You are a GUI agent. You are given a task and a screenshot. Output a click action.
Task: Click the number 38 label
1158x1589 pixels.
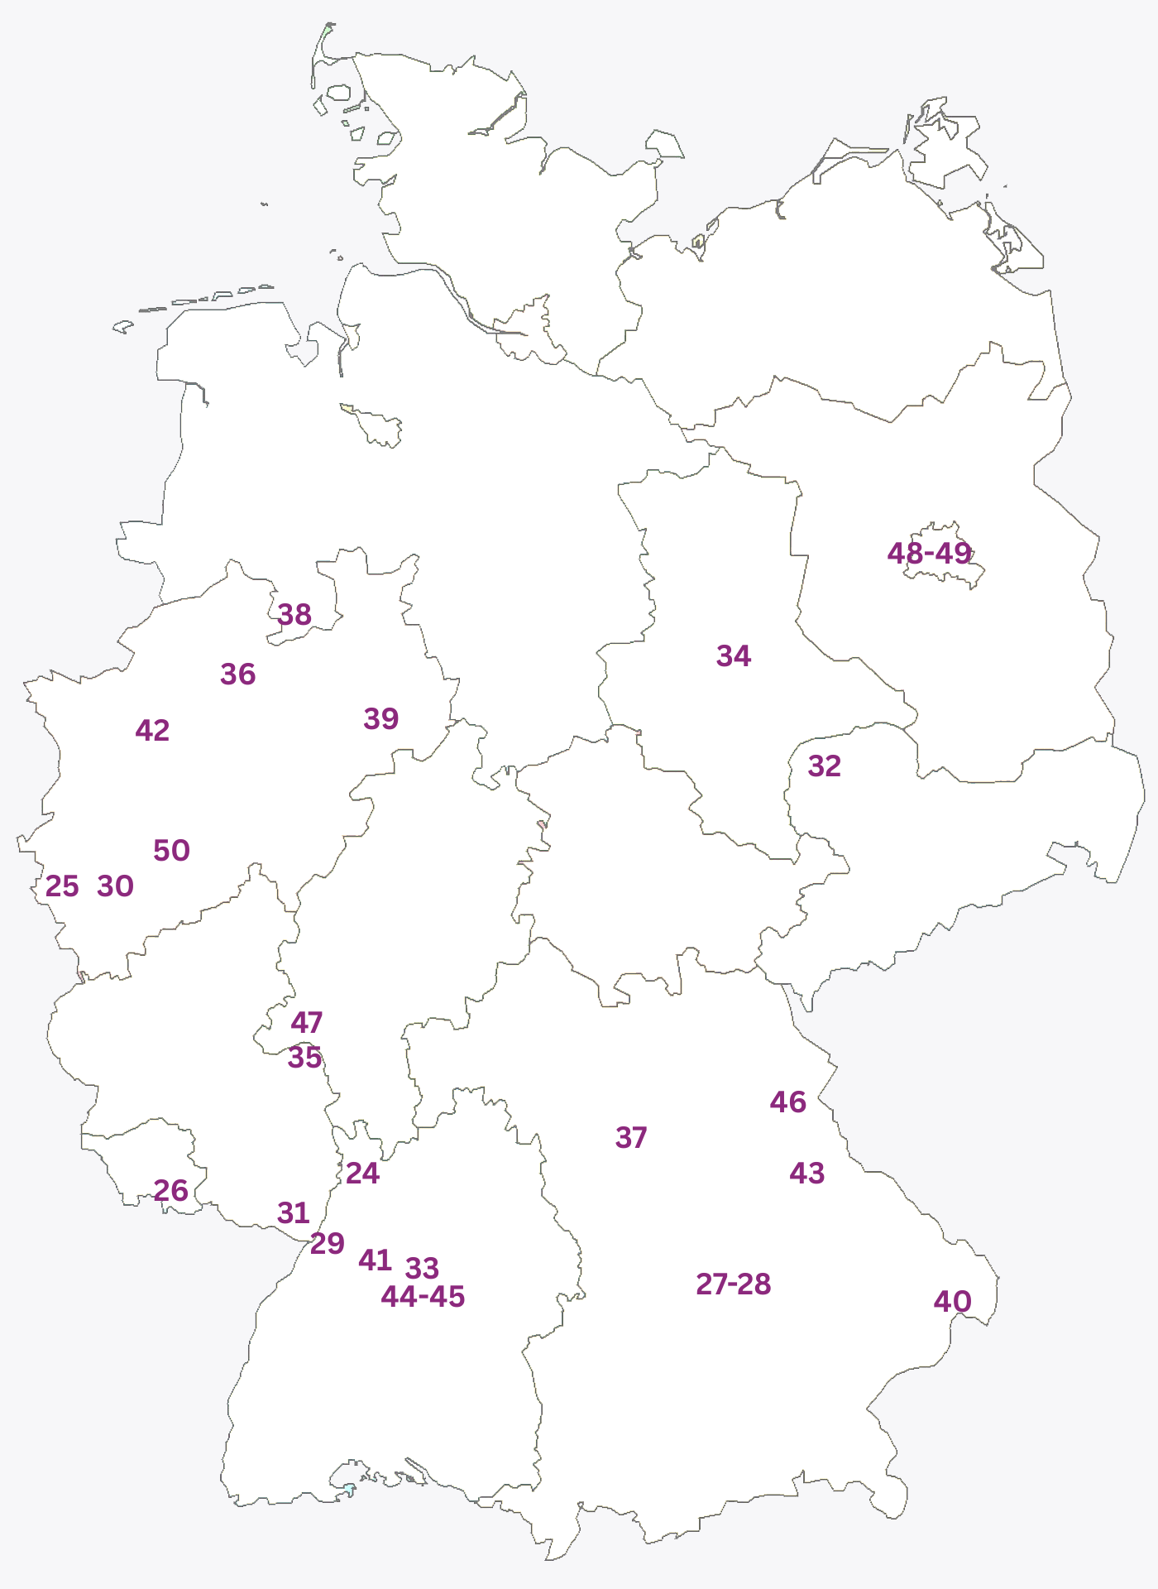click(x=294, y=615)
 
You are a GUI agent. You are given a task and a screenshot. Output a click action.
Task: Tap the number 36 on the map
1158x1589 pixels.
click(x=238, y=674)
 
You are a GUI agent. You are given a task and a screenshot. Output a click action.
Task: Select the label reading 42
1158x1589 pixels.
click(x=152, y=731)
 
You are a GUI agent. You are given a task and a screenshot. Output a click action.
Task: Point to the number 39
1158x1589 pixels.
click(x=381, y=718)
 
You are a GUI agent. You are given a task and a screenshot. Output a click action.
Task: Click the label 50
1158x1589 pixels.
click(x=172, y=851)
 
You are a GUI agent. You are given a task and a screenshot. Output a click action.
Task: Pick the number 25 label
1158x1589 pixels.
click(x=62, y=886)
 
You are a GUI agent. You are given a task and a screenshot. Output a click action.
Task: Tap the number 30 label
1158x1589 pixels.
click(x=116, y=886)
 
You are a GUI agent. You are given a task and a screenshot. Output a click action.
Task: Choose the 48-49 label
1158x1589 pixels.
click(x=929, y=553)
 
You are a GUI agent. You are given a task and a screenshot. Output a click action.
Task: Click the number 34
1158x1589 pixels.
click(x=734, y=656)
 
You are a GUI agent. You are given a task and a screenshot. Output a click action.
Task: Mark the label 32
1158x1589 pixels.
click(x=825, y=766)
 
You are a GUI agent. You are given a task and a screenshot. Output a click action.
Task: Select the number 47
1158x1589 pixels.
click(x=307, y=1023)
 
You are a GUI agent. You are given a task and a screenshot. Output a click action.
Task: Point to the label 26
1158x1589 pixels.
click(x=171, y=1191)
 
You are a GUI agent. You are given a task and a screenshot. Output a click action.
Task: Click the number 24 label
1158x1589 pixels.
click(x=362, y=1174)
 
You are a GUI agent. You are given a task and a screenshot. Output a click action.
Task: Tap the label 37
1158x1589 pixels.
click(x=631, y=1138)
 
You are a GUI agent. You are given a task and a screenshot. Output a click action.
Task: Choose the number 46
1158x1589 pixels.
click(x=788, y=1102)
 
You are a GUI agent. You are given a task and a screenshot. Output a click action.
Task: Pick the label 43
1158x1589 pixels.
click(x=807, y=1174)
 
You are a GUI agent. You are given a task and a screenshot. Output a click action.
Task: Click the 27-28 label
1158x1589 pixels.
click(x=734, y=1284)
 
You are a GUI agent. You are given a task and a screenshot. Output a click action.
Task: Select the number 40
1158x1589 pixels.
click(x=953, y=1302)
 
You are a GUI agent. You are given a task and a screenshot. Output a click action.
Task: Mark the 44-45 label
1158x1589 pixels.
click(x=423, y=1297)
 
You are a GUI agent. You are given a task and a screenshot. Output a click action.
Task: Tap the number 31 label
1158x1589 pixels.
click(x=294, y=1213)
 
